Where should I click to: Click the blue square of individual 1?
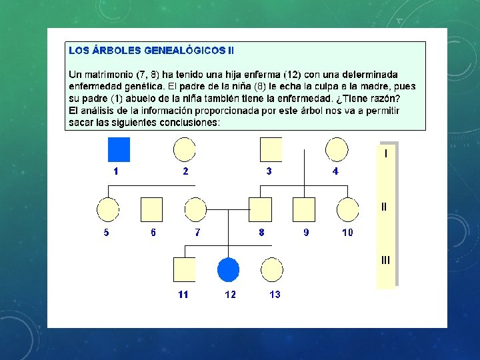click(119, 149)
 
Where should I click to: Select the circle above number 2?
click(185, 149)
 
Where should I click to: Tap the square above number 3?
click(270, 149)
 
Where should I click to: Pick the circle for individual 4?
click(336, 149)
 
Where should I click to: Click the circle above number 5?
click(107, 209)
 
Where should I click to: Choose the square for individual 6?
click(152, 209)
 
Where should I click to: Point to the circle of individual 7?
click(196, 209)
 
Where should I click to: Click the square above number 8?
click(260, 209)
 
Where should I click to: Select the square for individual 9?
click(304, 209)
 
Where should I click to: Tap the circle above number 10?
click(347, 209)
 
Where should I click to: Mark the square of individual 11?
click(184, 269)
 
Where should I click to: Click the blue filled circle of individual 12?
click(229, 269)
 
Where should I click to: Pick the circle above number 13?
click(272, 269)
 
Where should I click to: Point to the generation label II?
click(384, 207)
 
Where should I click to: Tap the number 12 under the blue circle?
click(229, 295)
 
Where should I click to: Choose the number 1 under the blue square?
click(116, 171)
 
